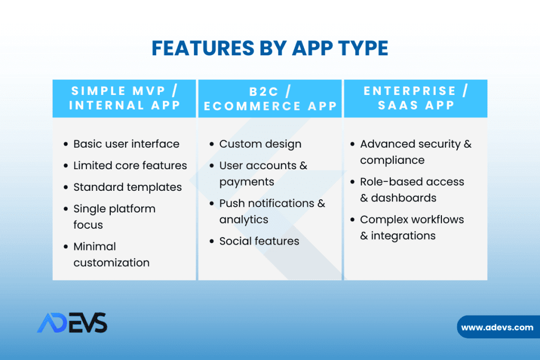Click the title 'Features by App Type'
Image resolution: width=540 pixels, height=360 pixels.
pyautogui.click(x=270, y=48)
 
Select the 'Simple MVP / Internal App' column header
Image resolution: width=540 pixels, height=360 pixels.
pyautogui.click(x=124, y=99)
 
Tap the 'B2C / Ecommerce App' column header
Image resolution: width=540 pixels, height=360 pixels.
pyautogui.click(x=270, y=99)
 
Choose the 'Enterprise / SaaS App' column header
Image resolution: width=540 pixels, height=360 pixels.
pyautogui.click(x=416, y=99)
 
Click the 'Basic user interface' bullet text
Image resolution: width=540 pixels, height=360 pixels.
pyautogui.click(x=127, y=144)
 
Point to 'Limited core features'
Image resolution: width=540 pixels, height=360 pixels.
pyautogui.click(x=130, y=166)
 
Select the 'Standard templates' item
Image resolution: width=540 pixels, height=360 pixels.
pyautogui.click(x=128, y=187)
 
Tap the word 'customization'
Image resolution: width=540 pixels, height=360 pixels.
pyautogui.click(x=112, y=262)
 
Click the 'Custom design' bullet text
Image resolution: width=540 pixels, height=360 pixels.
pyautogui.click(x=261, y=144)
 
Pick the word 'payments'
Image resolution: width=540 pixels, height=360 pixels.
pyautogui.click(x=247, y=182)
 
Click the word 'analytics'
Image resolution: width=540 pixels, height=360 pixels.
pyautogui.click(x=244, y=220)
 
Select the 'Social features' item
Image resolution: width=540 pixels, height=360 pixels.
pyautogui.click(x=259, y=241)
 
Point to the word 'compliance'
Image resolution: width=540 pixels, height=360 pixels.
pyautogui.click(x=392, y=160)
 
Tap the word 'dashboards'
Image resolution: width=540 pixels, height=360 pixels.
pyautogui.click(x=403, y=198)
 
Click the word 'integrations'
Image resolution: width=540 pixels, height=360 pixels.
pyautogui.click(x=403, y=236)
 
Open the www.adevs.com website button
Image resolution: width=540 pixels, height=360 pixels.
pyautogui.click(x=498, y=327)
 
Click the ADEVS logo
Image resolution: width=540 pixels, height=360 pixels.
pyautogui.click(x=72, y=323)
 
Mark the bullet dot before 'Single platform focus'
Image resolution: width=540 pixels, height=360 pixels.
pyautogui.click(x=66, y=209)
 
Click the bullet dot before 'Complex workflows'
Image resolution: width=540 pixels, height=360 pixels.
pyautogui.click(x=352, y=220)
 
